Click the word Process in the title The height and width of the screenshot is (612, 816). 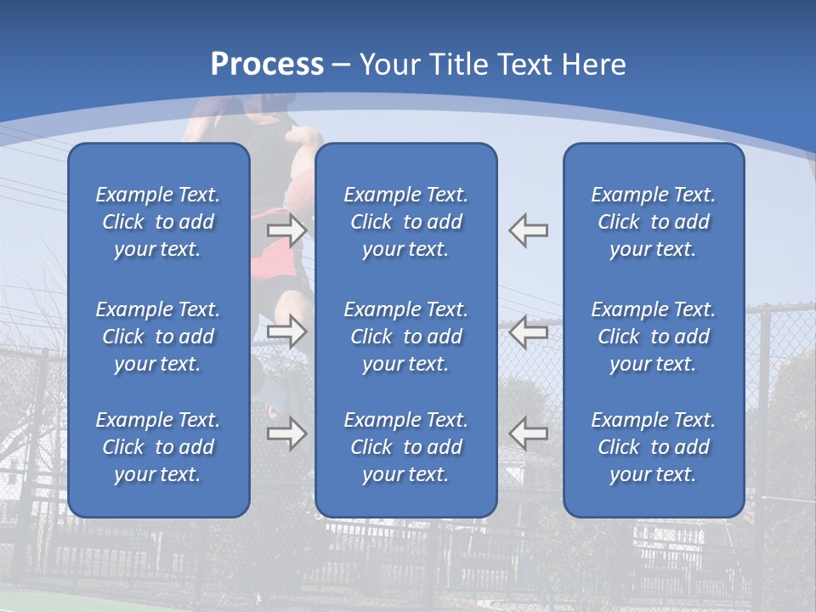click(267, 65)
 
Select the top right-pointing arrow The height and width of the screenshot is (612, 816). click(286, 230)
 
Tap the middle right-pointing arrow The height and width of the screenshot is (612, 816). click(286, 331)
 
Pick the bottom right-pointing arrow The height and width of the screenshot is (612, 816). click(286, 433)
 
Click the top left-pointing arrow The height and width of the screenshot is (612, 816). click(529, 230)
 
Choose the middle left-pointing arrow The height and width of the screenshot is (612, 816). click(529, 331)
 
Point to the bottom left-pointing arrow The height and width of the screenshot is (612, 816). click(529, 433)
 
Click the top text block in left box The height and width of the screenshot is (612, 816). click(158, 222)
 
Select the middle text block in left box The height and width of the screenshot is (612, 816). click(158, 337)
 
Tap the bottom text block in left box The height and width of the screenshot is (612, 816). click(158, 447)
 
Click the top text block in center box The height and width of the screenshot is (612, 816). click(405, 222)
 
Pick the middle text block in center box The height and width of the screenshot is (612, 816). click(405, 337)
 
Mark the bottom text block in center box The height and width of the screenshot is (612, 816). click(405, 447)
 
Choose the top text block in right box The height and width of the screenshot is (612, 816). click(653, 222)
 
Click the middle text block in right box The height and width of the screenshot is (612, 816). click(653, 337)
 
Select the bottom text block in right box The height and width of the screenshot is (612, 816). click(653, 447)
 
